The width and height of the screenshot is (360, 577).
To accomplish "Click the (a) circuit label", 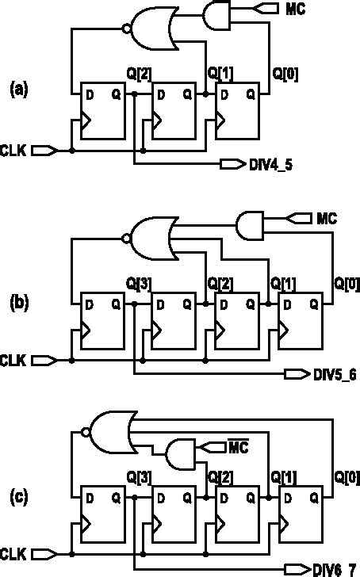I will [19, 89].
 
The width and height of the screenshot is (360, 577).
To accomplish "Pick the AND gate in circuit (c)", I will [181, 455].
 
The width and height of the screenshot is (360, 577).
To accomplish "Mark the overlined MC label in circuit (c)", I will [238, 449].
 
